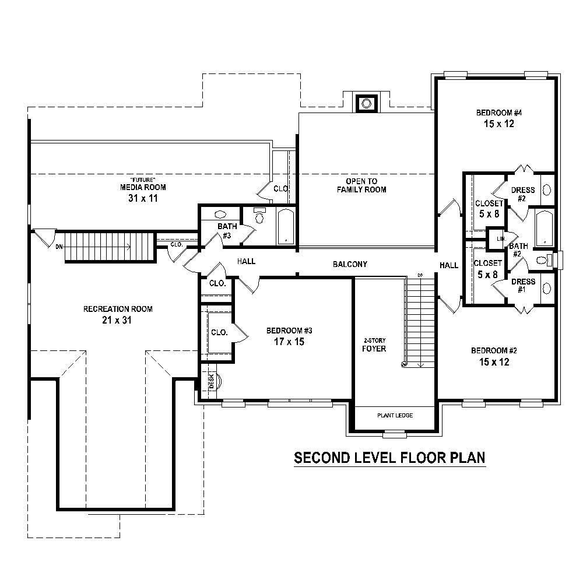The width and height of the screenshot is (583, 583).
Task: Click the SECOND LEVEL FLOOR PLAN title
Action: (x=389, y=458)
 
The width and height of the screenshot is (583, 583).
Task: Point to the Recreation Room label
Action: (x=118, y=309)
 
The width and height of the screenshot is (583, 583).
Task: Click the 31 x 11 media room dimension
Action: (x=142, y=198)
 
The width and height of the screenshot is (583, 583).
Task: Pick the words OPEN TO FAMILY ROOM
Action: (x=366, y=185)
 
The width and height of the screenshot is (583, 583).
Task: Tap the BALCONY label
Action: (x=350, y=264)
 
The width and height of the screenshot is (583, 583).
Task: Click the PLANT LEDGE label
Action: (x=395, y=415)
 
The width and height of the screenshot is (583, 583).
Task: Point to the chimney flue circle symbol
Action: (x=366, y=103)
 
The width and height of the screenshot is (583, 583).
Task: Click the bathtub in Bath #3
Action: (x=286, y=226)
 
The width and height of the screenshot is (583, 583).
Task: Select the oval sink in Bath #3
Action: (x=221, y=214)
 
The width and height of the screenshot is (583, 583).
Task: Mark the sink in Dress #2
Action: (x=547, y=189)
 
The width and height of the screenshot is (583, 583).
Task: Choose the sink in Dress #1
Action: (x=547, y=288)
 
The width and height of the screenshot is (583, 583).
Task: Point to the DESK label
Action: (x=211, y=381)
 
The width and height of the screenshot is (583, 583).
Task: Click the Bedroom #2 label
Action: (x=494, y=356)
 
